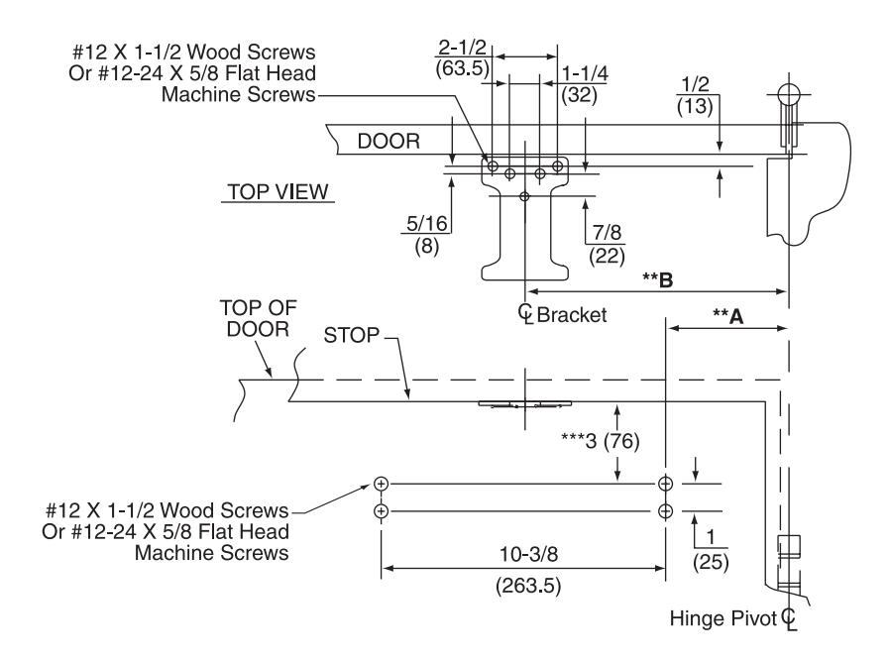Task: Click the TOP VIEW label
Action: coord(278,191)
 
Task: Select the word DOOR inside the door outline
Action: coord(389,141)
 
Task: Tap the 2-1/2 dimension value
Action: coord(462,47)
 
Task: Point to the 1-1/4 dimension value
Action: coord(585,73)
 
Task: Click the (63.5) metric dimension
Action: coord(462,68)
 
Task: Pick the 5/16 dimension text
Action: coord(427,223)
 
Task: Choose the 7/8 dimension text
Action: coord(607,233)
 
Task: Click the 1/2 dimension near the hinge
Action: coord(695,84)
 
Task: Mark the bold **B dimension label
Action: coord(658,278)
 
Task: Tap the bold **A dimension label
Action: coord(728,316)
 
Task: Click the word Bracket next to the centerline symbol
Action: coord(572,315)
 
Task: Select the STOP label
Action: coord(352,335)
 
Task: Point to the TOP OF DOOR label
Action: coord(258,318)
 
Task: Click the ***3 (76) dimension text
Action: coord(600,440)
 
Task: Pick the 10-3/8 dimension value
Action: coord(528,554)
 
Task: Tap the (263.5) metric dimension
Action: coord(528,585)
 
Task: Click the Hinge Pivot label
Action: coord(722,618)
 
